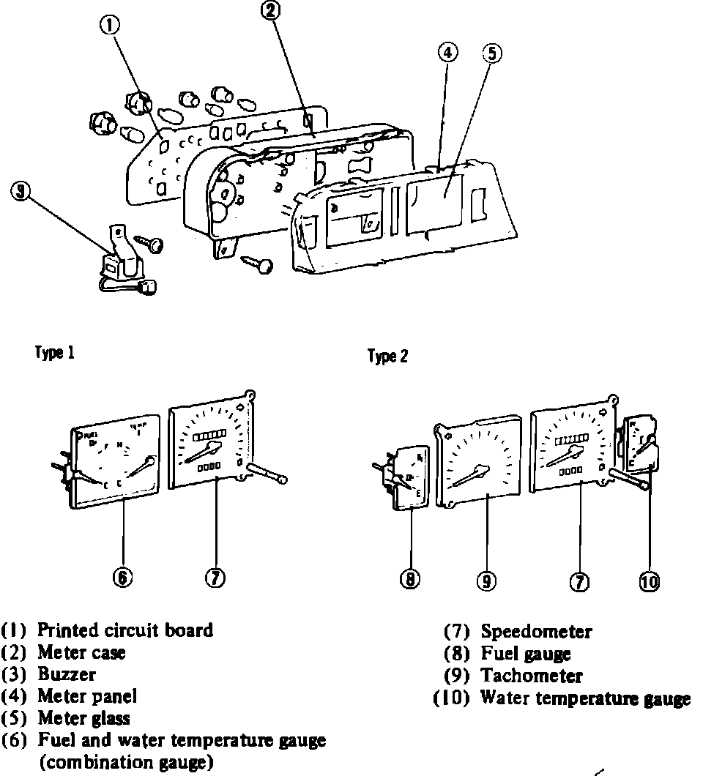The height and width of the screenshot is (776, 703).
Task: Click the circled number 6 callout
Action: pos(122,578)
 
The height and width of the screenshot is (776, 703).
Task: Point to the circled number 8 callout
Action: pos(411,580)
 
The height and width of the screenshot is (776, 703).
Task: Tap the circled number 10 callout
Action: pos(650,581)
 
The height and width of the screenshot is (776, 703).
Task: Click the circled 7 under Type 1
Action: pos(214,578)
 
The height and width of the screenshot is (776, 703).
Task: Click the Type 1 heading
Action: pos(55,353)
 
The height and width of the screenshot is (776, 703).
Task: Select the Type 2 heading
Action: pos(387,357)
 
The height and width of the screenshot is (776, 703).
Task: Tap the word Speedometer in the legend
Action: pos(536,631)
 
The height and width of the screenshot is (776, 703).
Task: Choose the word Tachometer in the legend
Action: pos(532,676)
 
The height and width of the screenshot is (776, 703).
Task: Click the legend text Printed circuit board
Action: pos(125,630)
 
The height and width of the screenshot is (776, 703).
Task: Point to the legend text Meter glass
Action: pos(83,718)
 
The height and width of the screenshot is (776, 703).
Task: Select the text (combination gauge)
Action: pos(126,762)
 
